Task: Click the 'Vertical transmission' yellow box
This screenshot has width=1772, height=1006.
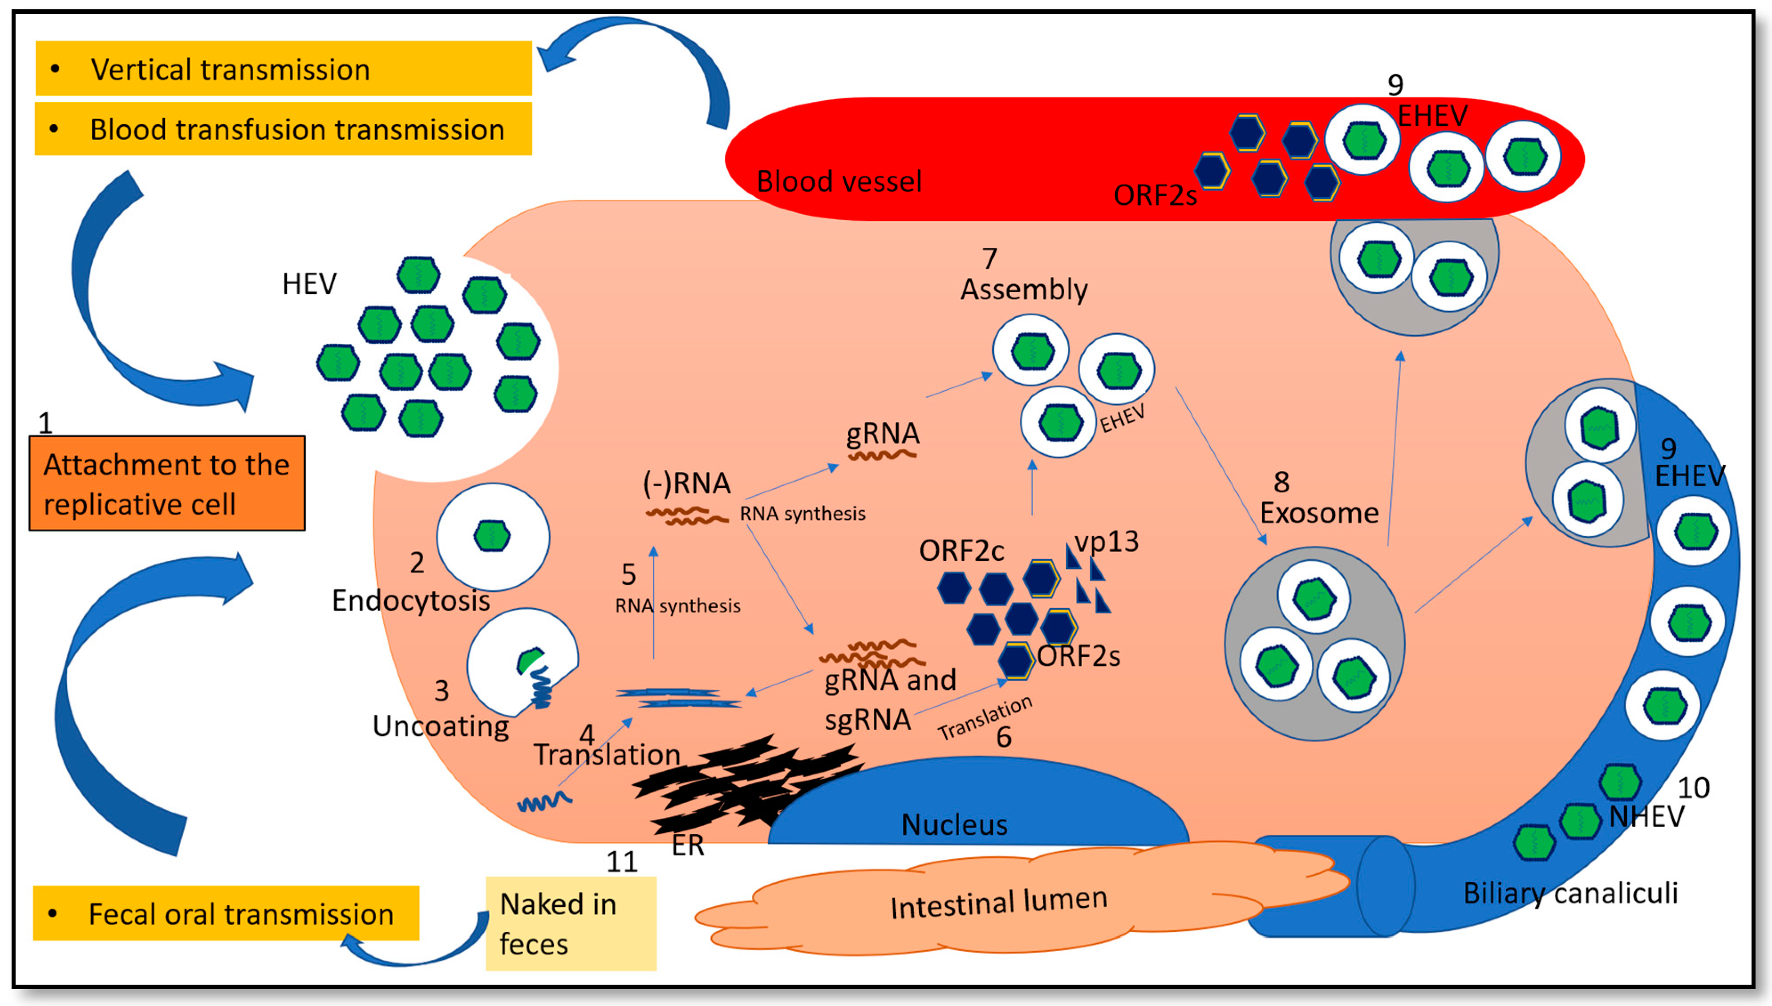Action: (x=284, y=68)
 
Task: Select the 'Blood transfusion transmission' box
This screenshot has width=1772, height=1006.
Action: (x=284, y=129)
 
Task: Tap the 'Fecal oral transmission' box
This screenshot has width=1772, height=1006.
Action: (x=226, y=913)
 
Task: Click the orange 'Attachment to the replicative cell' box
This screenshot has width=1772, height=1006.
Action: (x=166, y=484)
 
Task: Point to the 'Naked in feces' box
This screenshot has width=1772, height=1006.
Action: (x=570, y=924)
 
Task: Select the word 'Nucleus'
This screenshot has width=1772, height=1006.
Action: (x=954, y=824)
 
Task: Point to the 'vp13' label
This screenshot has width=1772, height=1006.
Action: (x=1106, y=541)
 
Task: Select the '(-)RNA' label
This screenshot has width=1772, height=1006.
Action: (x=686, y=483)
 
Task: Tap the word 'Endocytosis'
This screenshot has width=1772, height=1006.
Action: (x=411, y=600)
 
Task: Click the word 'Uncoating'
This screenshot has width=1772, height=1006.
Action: (x=440, y=725)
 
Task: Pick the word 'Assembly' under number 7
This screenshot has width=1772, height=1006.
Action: (x=1023, y=289)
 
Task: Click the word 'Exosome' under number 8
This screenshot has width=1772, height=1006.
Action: (x=1318, y=513)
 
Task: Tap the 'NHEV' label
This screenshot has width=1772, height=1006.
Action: (x=1646, y=817)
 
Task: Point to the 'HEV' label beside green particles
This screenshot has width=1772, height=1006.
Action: (x=309, y=283)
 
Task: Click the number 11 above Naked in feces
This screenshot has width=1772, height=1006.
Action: (x=621, y=861)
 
